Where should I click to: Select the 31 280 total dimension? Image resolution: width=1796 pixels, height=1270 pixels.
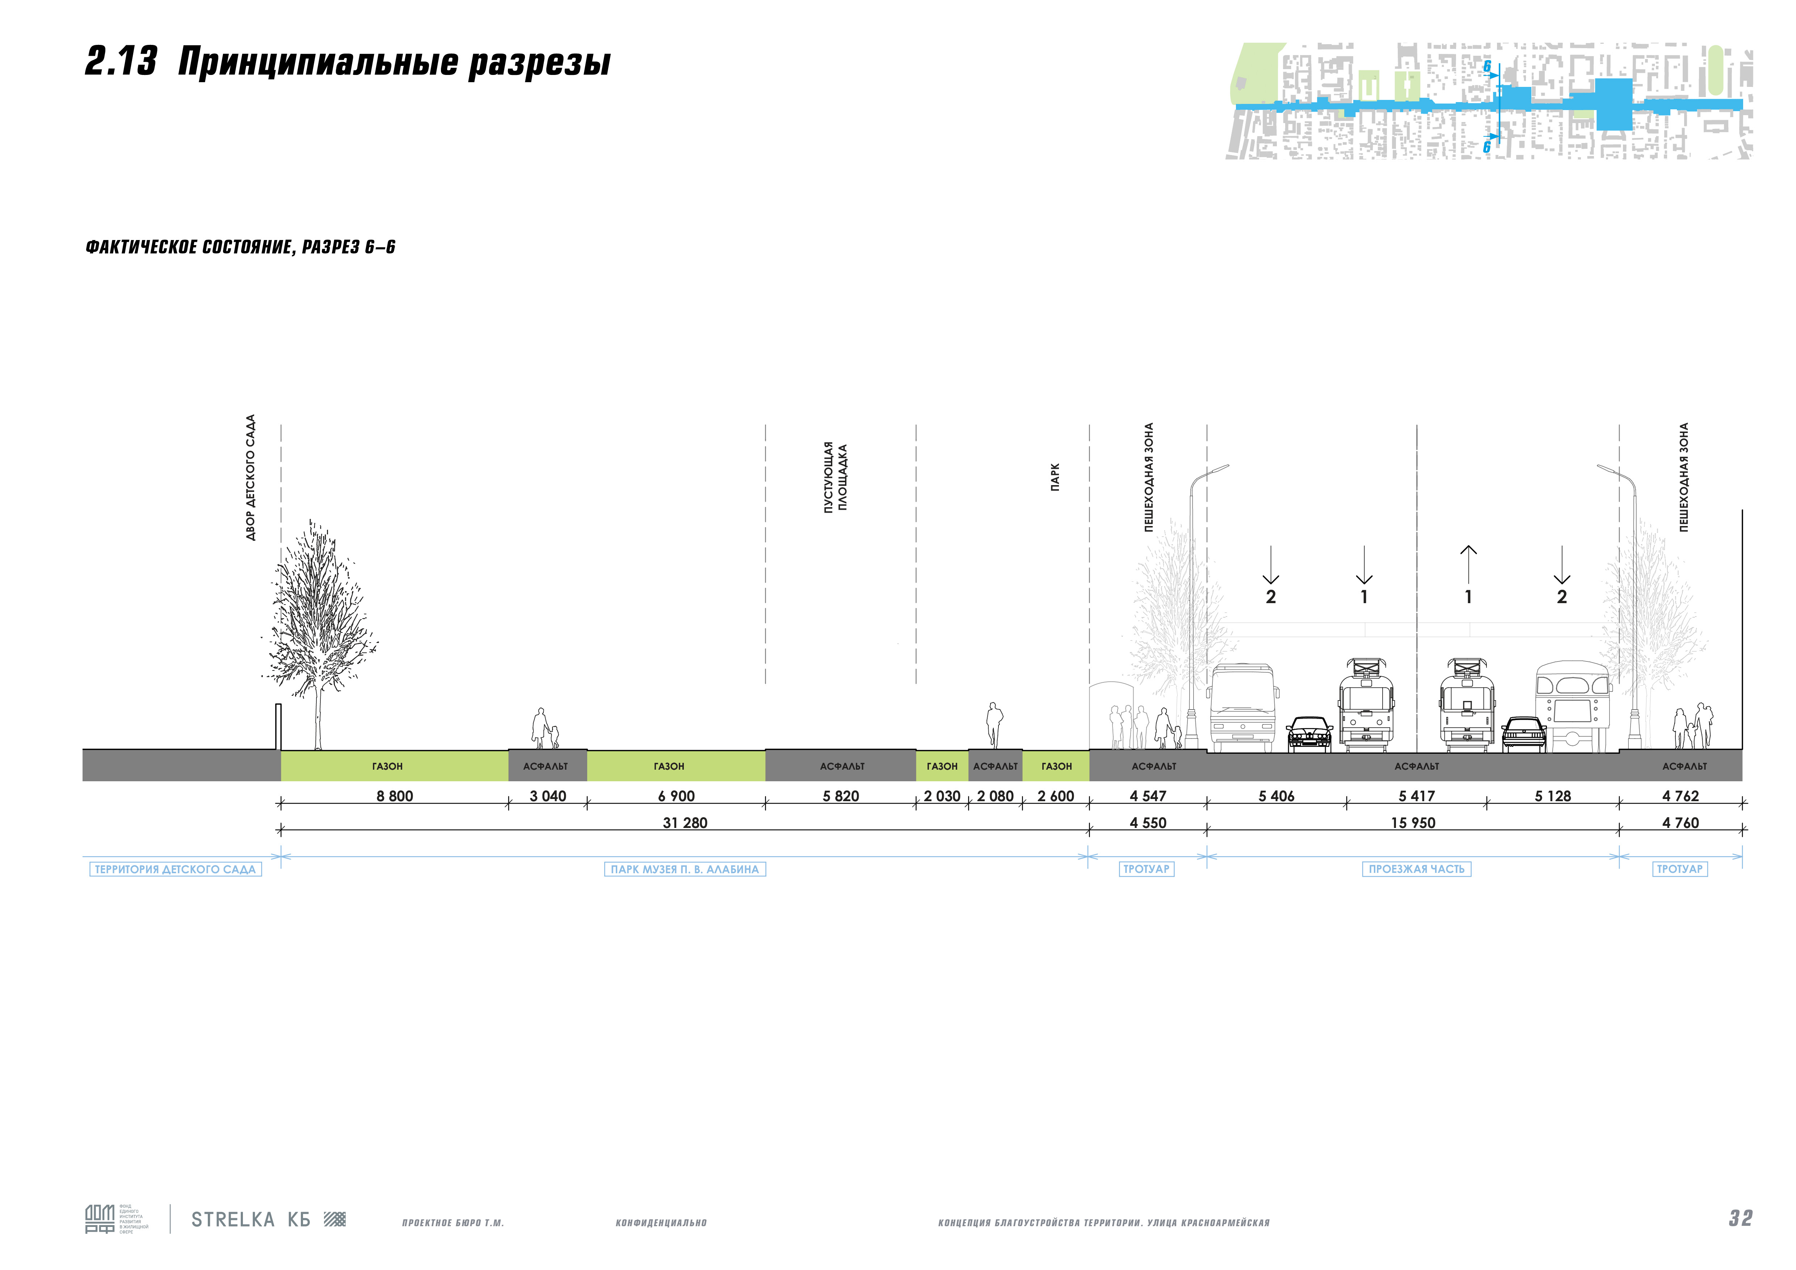pos(685,823)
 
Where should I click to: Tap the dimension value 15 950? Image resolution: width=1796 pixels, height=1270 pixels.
pos(1413,823)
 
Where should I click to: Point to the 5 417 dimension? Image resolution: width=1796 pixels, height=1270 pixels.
pos(1417,796)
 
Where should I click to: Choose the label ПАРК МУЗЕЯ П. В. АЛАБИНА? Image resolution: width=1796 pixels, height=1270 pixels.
pos(685,869)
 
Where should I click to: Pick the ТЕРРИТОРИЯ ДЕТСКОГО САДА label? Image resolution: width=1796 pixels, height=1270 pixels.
pos(175,869)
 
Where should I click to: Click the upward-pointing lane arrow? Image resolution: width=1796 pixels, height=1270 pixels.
pos(1468,563)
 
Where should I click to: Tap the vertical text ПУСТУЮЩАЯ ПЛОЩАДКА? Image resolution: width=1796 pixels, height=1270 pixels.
pos(834,477)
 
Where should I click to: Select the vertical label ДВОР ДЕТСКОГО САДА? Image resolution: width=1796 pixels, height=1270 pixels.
pos(250,477)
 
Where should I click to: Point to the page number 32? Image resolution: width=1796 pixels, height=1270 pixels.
pos(1741,1218)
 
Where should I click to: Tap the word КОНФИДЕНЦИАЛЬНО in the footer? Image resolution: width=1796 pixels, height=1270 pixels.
pos(661,1222)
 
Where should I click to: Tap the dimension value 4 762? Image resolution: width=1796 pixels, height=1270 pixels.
pos(1680,796)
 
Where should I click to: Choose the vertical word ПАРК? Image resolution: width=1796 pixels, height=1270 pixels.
pos(1055,477)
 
